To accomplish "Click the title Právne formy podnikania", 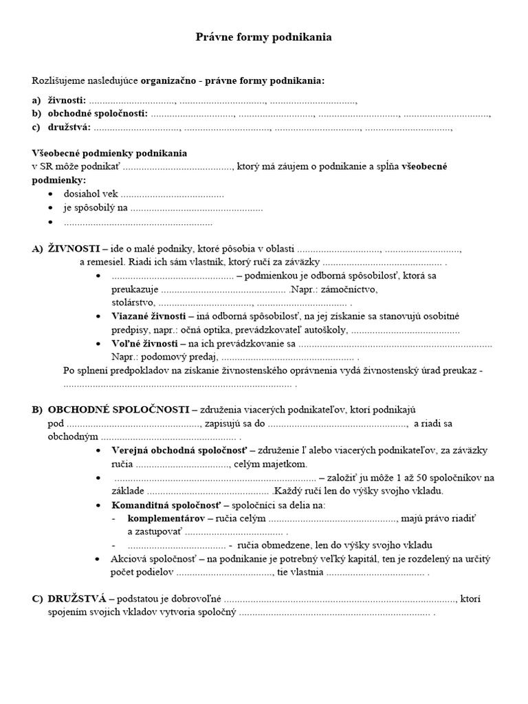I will [264, 37].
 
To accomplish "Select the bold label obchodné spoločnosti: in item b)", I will [97, 113].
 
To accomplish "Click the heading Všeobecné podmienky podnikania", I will [109, 153].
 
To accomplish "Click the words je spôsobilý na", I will [96, 208].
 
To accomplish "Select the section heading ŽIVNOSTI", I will [74, 248].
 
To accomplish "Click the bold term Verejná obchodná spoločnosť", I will [179, 450].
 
